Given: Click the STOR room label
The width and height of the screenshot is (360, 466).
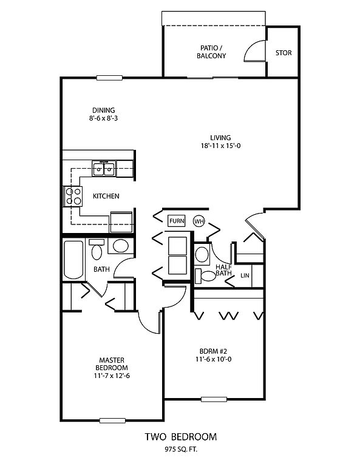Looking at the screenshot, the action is pos(284,53).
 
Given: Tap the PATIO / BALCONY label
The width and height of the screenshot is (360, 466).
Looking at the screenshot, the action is pos(211,52).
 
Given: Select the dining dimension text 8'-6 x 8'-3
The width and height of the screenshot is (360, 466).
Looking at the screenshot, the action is pos(103,118).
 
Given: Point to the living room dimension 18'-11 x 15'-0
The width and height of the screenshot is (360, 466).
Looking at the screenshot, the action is pos(220,146).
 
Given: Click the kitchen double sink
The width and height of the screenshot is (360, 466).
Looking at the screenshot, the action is pos(104,169).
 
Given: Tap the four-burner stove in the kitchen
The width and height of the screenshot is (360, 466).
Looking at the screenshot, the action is pos(73,196).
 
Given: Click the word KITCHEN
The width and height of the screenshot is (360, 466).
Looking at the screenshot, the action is pos(106,196).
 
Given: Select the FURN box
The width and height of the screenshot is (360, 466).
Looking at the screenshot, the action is pos(177,221).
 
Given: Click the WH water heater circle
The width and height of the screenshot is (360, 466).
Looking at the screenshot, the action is pos(199,221).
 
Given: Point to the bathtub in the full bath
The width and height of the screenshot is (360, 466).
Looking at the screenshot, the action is pos(73,260).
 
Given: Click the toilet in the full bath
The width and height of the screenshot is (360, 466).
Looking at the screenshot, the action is pos(97,249).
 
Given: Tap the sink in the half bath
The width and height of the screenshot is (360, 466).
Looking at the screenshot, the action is pos(202,254).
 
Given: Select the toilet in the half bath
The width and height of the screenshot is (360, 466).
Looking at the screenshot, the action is pos(205,276).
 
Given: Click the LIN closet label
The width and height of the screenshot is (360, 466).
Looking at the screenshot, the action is pos(245,275).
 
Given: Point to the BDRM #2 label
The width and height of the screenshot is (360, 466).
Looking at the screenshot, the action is pos(213,351).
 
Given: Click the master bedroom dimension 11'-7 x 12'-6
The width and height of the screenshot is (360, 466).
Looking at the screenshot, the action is pos(112,376).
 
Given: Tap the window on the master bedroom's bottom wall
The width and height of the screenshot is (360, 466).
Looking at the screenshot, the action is pos(112,420).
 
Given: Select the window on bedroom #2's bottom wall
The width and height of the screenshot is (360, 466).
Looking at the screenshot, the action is pos(214,399).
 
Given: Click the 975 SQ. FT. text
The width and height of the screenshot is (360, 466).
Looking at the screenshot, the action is pos(181,450).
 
